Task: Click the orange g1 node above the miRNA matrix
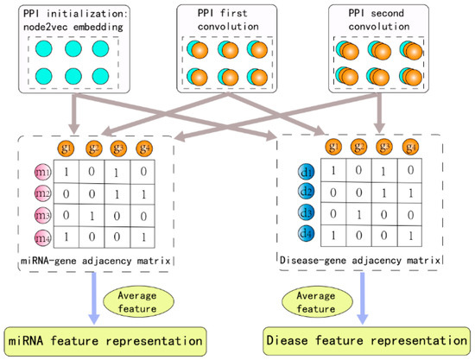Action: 66,148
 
